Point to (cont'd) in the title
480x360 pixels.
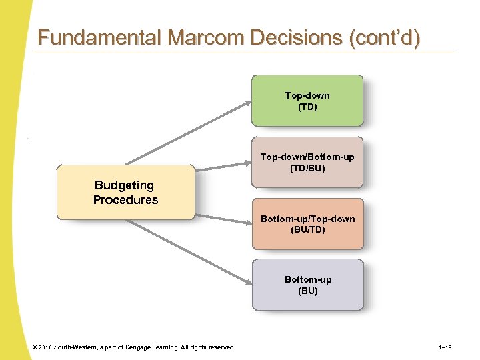(385, 38)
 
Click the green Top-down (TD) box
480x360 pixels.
(307, 101)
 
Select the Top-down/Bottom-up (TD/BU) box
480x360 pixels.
(307, 162)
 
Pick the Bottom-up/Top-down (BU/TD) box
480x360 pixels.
(307, 223)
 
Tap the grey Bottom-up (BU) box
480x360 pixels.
(307, 285)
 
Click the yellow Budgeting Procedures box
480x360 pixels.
(125, 192)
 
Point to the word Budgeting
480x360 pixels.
(124, 185)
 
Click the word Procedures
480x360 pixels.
(125, 200)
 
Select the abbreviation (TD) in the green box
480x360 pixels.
(307, 107)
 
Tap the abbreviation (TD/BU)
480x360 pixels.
(307, 168)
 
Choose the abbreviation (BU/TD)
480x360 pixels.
(307, 229)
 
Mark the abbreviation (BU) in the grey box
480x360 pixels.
(307, 291)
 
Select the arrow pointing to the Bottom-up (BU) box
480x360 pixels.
(190, 253)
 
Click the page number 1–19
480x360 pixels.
(445, 347)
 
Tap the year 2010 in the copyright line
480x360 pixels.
(45, 347)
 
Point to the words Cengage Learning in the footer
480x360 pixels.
(152, 347)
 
